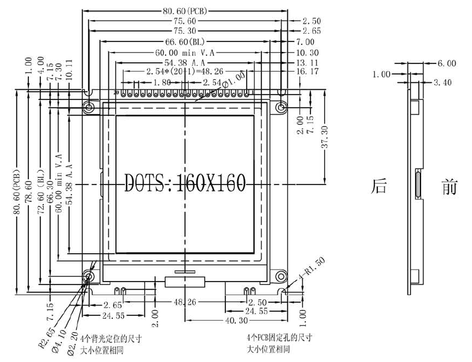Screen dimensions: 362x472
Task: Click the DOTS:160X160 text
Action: (185, 183)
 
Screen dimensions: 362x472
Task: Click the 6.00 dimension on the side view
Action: (446, 63)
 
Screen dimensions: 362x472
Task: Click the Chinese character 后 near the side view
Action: (379, 186)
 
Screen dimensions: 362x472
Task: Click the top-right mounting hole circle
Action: (281, 106)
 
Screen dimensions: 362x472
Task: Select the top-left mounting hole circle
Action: (89, 106)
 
